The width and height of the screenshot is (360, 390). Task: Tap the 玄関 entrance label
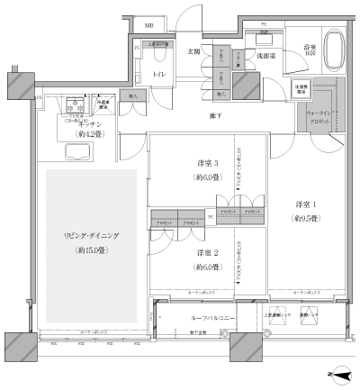[193, 51]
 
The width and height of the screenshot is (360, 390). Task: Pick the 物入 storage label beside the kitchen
[134, 95]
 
